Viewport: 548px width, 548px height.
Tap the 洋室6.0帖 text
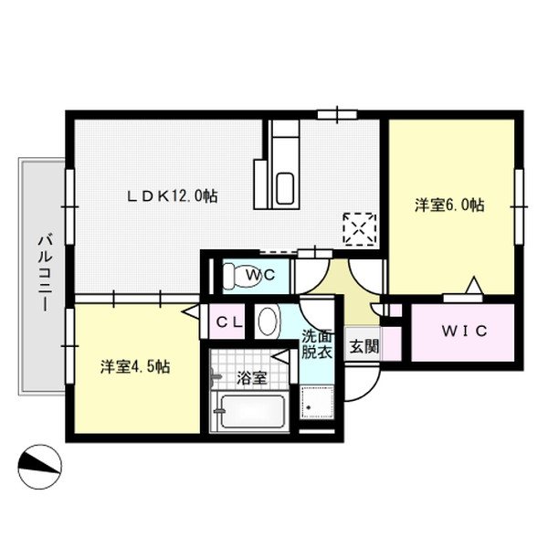(448, 205)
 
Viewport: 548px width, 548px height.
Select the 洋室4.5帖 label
(134, 367)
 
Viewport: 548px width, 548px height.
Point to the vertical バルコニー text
(42, 274)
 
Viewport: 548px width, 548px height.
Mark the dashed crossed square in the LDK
(359, 227)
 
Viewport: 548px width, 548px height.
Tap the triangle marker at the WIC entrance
(472, 287)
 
